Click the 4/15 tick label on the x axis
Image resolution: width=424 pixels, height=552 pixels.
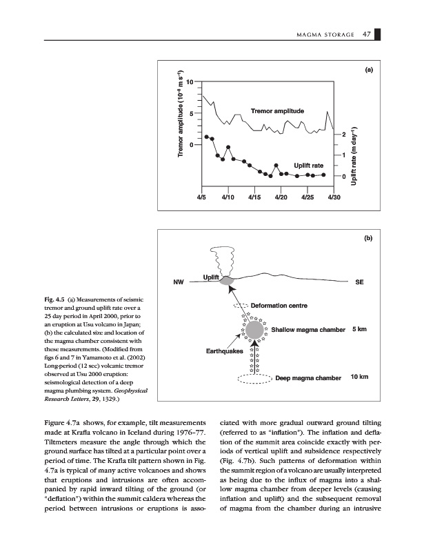coord(254,197)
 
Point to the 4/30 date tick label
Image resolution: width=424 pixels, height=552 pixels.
coord(334,197)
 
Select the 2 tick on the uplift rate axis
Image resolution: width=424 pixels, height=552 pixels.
coord(343,135)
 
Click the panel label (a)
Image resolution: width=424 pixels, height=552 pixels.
coord(368,70)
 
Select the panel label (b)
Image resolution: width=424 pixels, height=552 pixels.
coord(368,238)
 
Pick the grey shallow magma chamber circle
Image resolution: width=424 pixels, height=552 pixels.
coord(255,330)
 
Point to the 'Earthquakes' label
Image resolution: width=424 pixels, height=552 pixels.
coord(225,352)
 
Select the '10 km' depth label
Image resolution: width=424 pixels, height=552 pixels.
coord(360,377)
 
